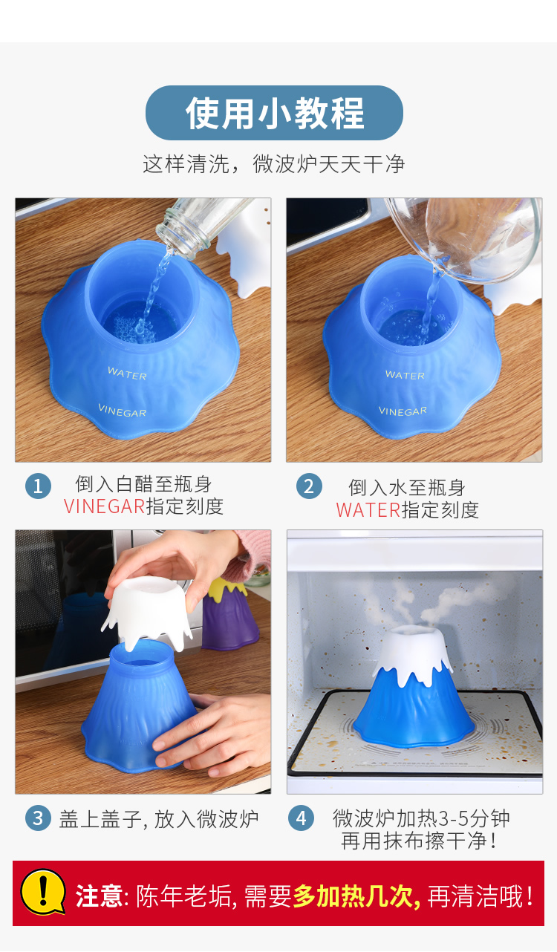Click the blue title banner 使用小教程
[x=274, y=113]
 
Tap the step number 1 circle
[x=39, y=486]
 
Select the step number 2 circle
[x=309, y=486]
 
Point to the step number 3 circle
[x=39, y=818]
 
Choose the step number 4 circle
[x=301, y=818]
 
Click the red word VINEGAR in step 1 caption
[x=105, y=506]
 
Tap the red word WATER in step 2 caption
[x=368, y=510]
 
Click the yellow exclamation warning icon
[x=43, y=892]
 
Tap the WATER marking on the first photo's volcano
[x=127, y=373]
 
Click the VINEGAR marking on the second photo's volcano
[x=403, y=411]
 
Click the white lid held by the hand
[x=147, y=612]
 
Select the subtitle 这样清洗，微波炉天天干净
[x=274, y=164]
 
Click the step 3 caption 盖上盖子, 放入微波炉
[x=159, y=819]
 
